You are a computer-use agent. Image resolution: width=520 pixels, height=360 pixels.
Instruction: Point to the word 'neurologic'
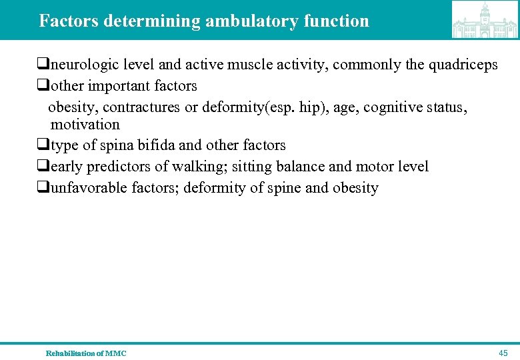[81, 65]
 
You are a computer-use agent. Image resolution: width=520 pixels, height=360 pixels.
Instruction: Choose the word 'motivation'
[85, 125]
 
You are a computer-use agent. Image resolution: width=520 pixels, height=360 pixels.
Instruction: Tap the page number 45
[503, 353]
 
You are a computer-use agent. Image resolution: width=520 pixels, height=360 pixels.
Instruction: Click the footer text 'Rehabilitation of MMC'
[86, 353]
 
